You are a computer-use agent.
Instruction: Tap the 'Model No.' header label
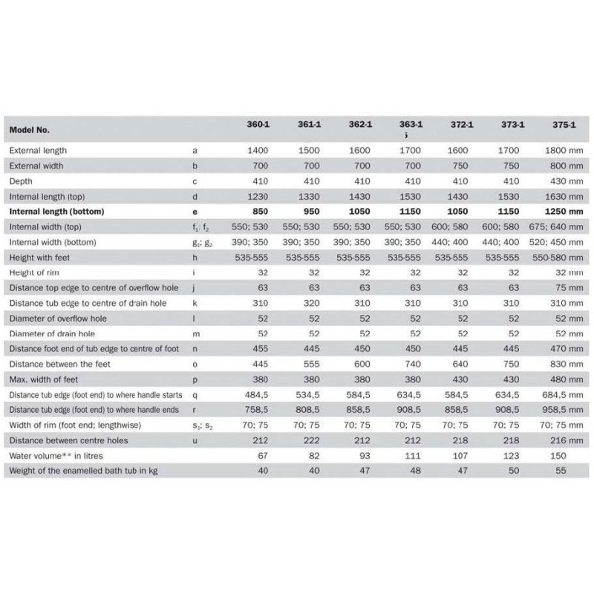(30, 129)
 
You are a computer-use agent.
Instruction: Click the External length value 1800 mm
(563, 150)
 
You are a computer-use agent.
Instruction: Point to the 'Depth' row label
(22, 180)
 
